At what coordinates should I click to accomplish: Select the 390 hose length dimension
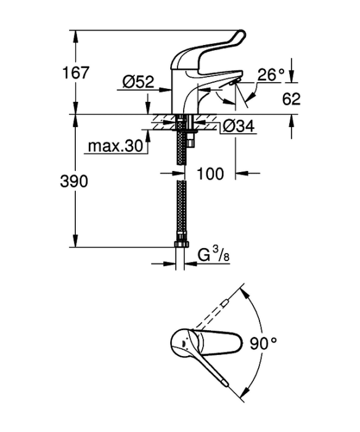(x=74, y=181)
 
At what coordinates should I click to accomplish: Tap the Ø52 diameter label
(x=139, y=82)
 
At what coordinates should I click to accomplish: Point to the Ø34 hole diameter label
(x=239, y=127)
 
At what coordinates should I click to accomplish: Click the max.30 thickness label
(x=116, y=146)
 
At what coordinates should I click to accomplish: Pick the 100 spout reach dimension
(x=210, y=174)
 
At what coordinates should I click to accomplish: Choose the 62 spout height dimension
(x=291, y=99)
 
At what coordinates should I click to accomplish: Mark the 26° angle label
(x=271, y=74)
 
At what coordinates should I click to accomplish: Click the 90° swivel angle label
(x=263, y=344)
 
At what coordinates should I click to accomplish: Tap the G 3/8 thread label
(x=213, y=255)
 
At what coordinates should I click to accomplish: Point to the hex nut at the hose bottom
(x=182, y=244)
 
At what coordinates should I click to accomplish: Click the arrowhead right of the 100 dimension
(x=242, y=173)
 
